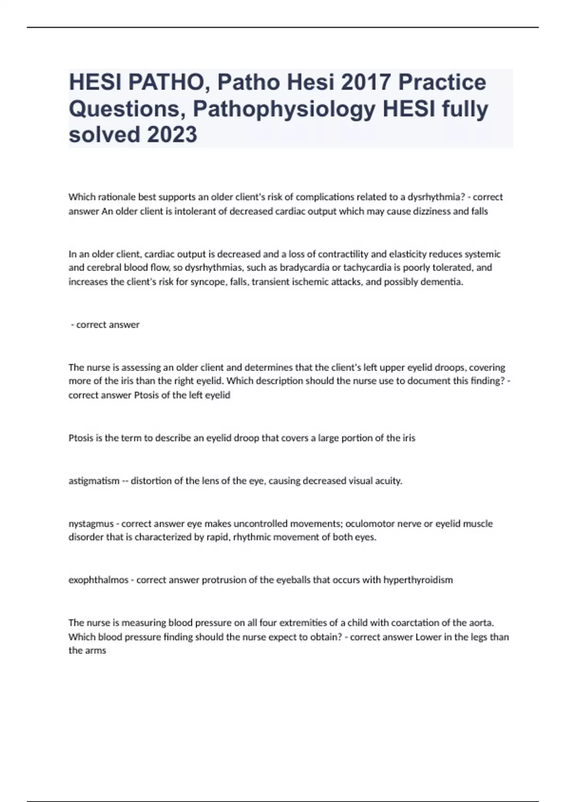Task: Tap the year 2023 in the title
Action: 172,134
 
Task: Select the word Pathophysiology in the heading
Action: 284,109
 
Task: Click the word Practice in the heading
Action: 442,83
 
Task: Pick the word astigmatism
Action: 94,481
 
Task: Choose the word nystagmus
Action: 91,524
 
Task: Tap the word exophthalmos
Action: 99,580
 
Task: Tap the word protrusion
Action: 223,580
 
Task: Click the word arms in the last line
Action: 96,651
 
